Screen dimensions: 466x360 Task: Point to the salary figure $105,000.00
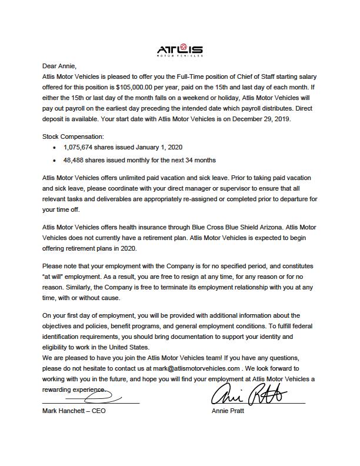point(136,86)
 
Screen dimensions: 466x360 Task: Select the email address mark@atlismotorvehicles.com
point(192,368)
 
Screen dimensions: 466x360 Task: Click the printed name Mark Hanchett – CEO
point(74,411)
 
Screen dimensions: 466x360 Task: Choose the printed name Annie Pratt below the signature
point(228,411)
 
